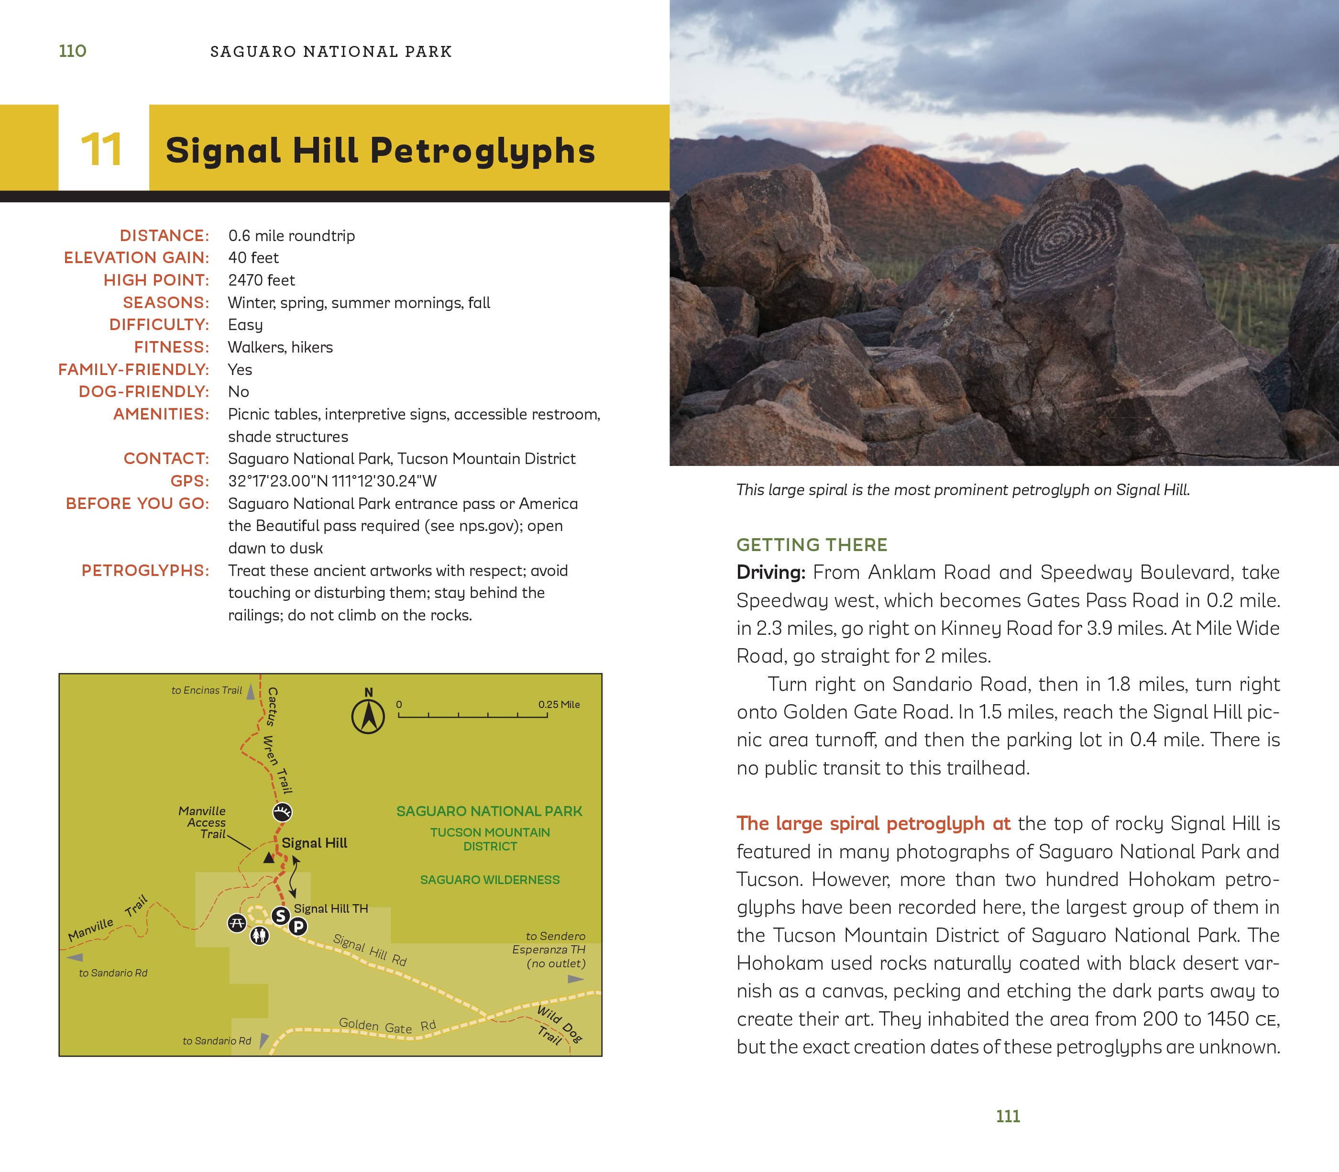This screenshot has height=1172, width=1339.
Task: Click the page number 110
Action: coord(73,51)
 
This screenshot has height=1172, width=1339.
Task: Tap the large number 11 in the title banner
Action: coord(101,150)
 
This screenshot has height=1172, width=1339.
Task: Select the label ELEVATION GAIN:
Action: coord(136,258)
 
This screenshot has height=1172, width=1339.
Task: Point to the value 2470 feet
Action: coord(262,280)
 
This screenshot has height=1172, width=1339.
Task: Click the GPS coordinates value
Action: coord(332,481)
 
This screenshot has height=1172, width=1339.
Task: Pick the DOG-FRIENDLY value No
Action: coord(239,391)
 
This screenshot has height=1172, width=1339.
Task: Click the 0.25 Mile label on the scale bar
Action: coord(559,704)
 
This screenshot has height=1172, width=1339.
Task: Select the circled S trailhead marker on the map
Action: coord(281,916)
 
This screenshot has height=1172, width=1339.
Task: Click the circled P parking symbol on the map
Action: coord(298,926)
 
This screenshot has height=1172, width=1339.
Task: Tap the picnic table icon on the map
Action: coord(237,923)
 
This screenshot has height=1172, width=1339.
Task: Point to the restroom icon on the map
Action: coord(260,936)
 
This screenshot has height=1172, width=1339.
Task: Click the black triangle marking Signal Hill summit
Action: coord(269,857)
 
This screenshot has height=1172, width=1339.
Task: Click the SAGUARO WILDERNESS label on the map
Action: coord(490,880)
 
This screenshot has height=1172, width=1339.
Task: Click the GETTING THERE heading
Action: coord(812,544)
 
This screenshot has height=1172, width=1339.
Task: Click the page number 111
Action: coord(1008,1117)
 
